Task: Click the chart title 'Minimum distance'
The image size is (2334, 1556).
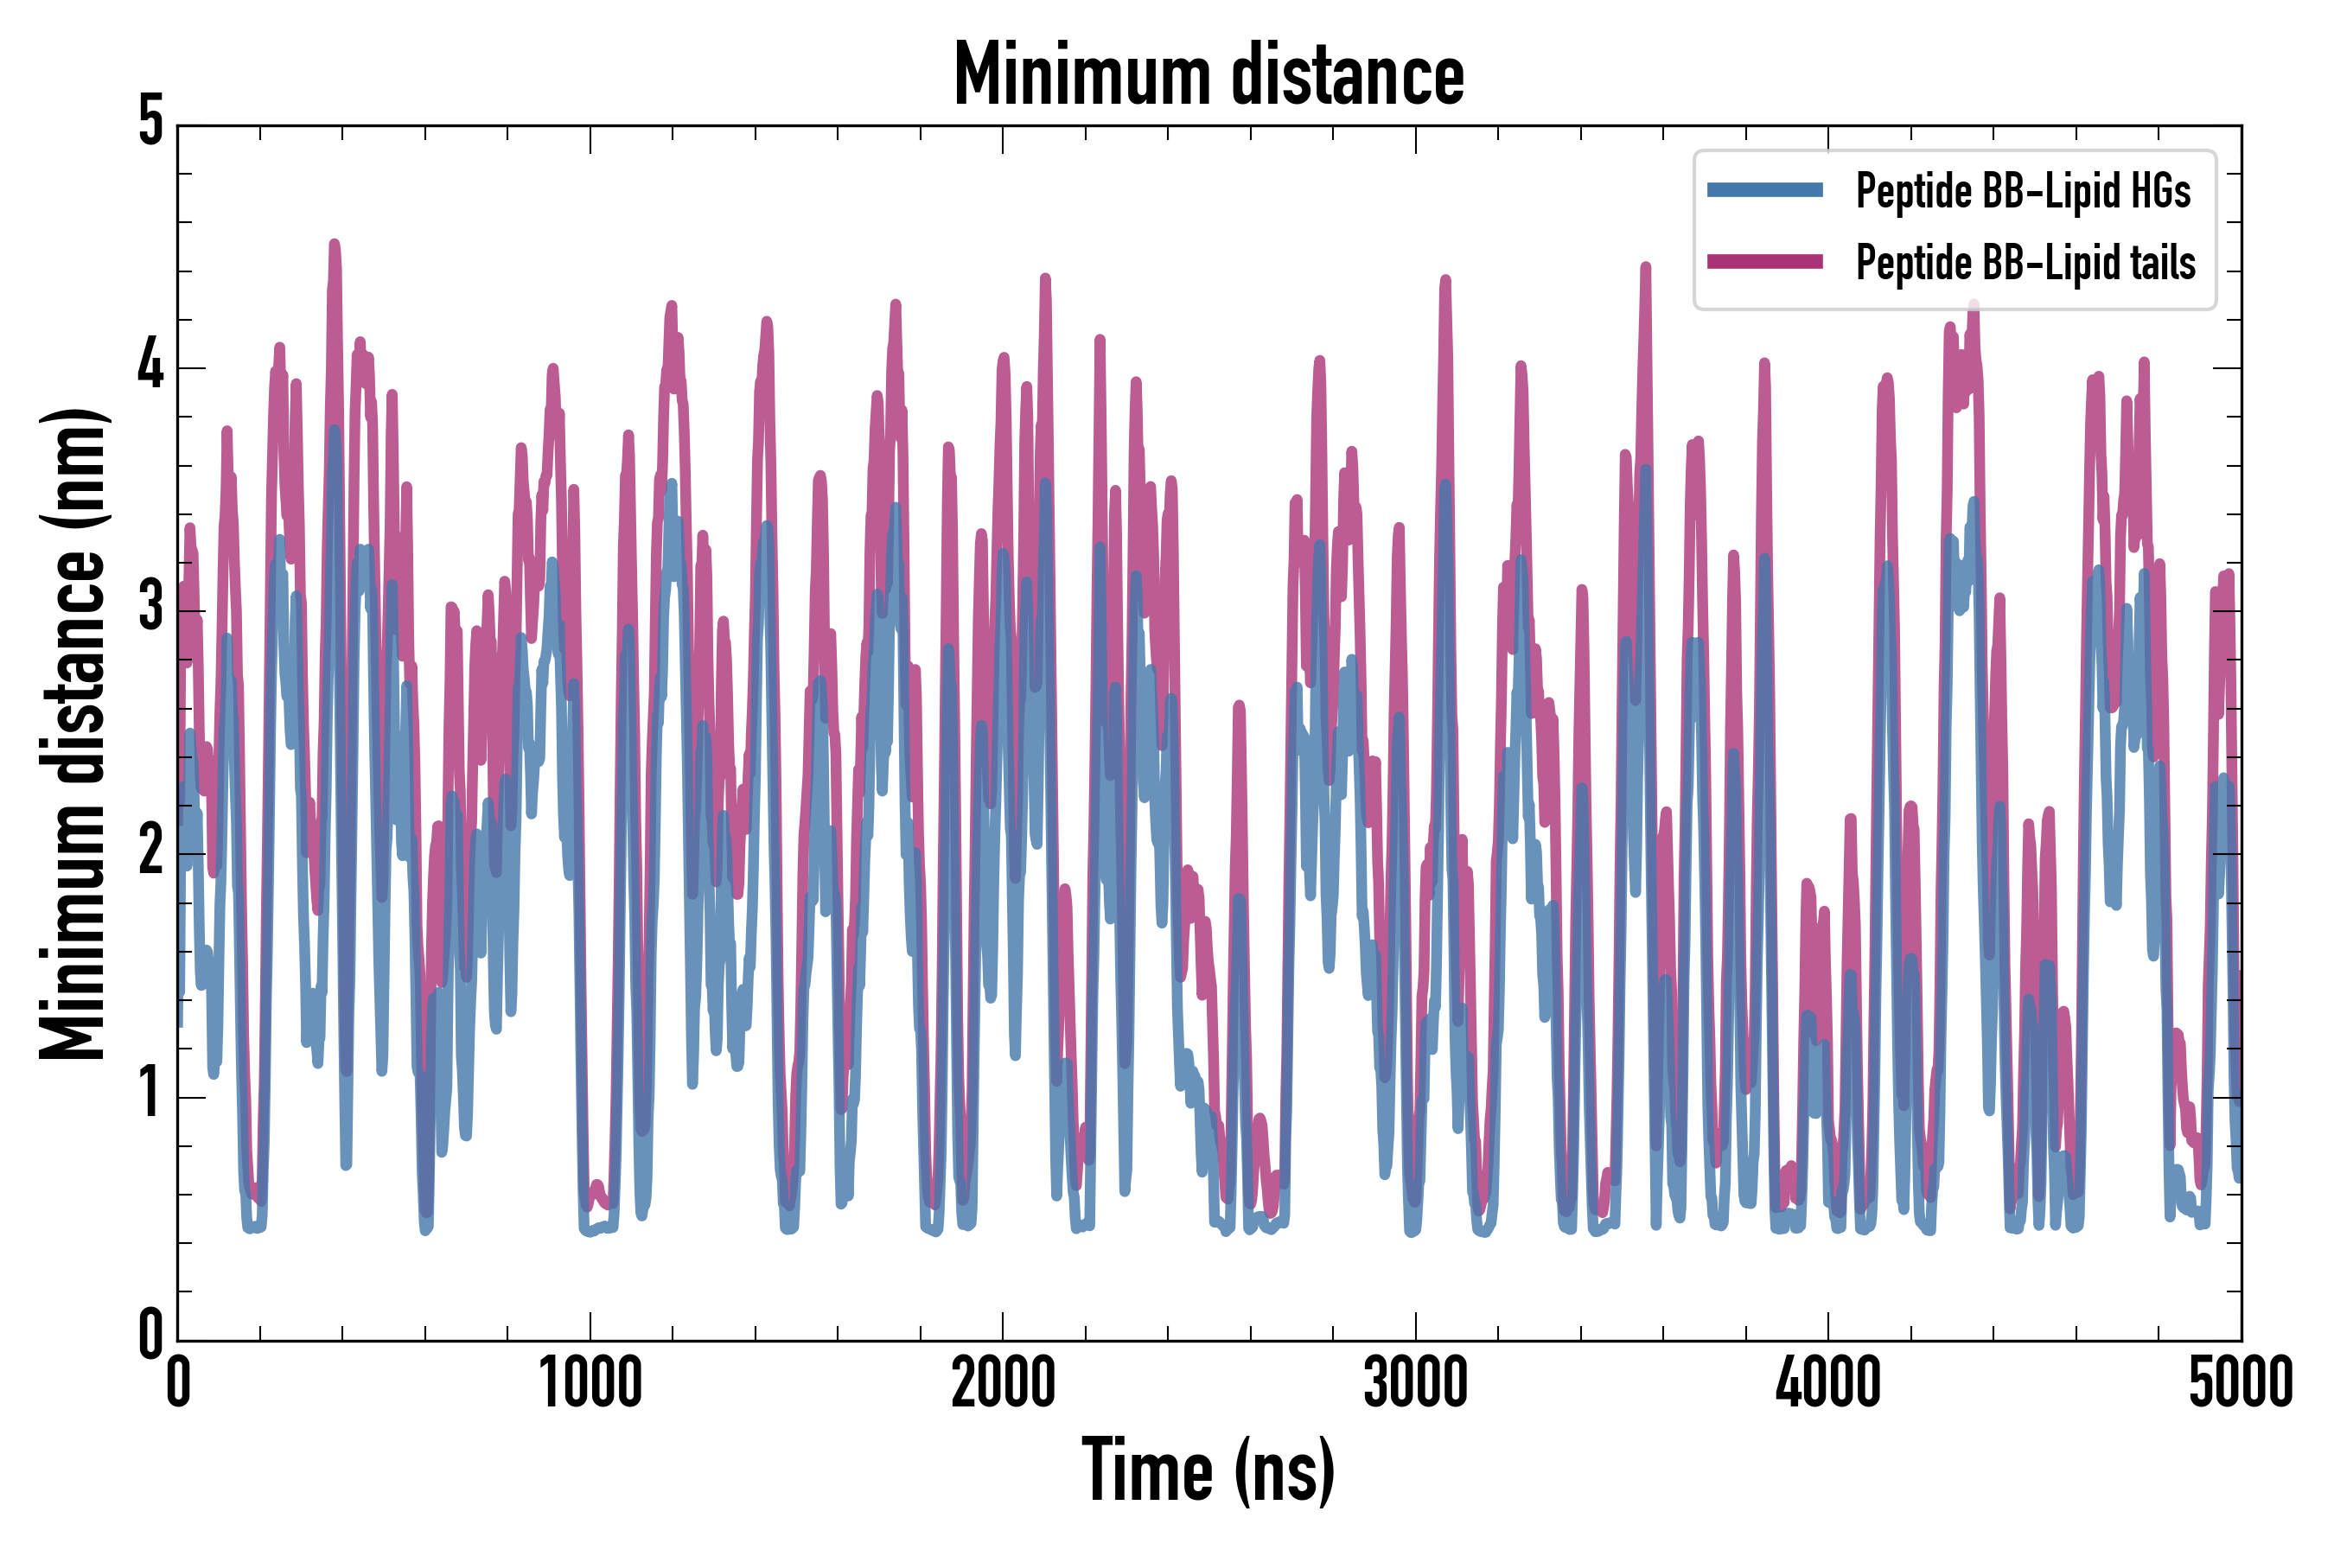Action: pyautogui.click(x=1208, y=74)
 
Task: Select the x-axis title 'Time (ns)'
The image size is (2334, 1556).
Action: pyautogui.click(x=1208, y=1470)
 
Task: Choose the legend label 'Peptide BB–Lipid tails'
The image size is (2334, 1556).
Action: pyautogui.click(x=2025, y=263)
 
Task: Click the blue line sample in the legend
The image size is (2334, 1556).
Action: pyautogui.click(x=1764, y=190)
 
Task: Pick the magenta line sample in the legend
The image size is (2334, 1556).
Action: pyautogui.click(x=1764, y=262)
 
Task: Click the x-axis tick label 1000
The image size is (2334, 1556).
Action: pyautogui.click(x=590, y=1382)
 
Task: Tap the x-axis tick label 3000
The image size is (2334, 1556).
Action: pyautogui.click(x=1415, y=1382)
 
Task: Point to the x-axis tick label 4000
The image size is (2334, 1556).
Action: pyautogui.click(x=1828, y=1382)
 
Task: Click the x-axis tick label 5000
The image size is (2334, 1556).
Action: pyautogui.click(x=2240, y=1382)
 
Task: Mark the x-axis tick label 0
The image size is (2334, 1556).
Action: pyautogui.click(x=179, y=1382)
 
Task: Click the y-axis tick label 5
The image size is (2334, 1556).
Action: pyautogui.click(x=150, y=123)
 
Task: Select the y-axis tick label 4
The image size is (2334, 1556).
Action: pyautogui.click(x=150, y=367)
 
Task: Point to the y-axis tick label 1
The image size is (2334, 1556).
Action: pyautogui.click(x=150, y=1094)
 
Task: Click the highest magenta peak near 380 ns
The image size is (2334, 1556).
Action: pyautogui.click(x=335, y=244)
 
